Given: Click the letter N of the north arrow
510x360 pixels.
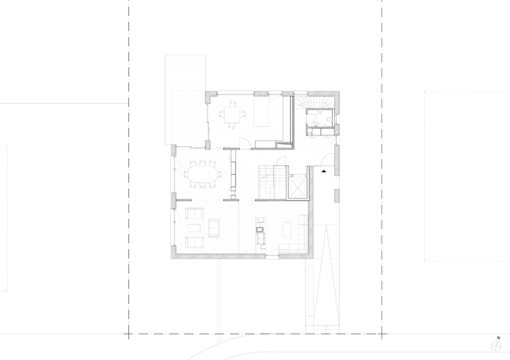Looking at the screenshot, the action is click(x=498, y=338).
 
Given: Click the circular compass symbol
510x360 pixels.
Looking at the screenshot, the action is click(x=496, y=346).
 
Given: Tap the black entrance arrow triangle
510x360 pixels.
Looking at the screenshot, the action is click(x=324, y=171).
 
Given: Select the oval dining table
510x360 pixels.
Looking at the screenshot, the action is click(x=202, y=174).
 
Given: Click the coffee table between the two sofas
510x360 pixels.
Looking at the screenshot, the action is click(x=194, y=228).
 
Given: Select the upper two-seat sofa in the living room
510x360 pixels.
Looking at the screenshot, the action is click(x=195, y=213).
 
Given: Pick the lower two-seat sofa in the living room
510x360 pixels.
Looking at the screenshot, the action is click(x=195, y=243).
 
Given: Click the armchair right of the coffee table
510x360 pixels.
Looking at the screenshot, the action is click(x=214, y=228).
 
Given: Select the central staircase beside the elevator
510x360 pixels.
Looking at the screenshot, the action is click(x=273, y=182).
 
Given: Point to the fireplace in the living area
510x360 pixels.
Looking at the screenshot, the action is click(x=260, y=230).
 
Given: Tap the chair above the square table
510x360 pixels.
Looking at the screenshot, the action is click(x=232, y=104).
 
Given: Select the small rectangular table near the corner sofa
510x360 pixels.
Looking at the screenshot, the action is click(x=287, y=229).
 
